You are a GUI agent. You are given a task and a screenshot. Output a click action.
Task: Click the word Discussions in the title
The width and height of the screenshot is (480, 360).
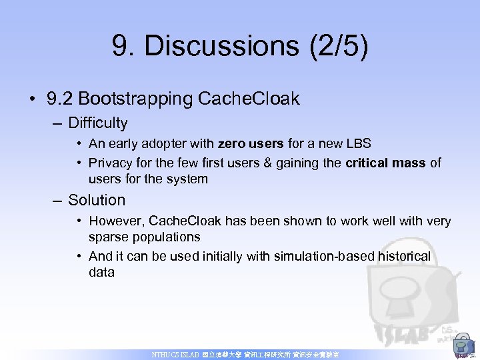click(220, 47)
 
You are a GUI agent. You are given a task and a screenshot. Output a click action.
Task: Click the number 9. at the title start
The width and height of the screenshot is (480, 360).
click(125, 47)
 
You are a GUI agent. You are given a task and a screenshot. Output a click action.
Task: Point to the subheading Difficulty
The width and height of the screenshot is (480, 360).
click(97, 123)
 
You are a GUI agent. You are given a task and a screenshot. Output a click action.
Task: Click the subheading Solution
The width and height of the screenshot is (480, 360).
click(97, 200)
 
